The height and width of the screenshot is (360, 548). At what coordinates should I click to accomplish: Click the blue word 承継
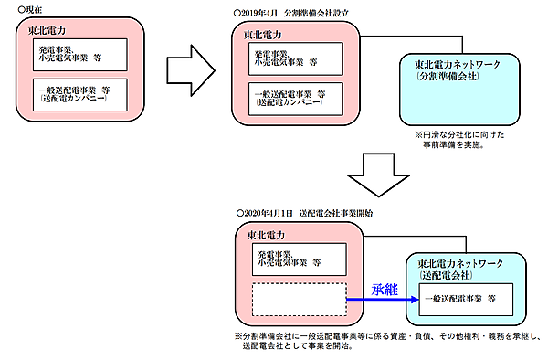(x=385, y=289)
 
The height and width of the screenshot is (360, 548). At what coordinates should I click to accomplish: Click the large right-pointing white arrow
(x=186, y=69)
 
